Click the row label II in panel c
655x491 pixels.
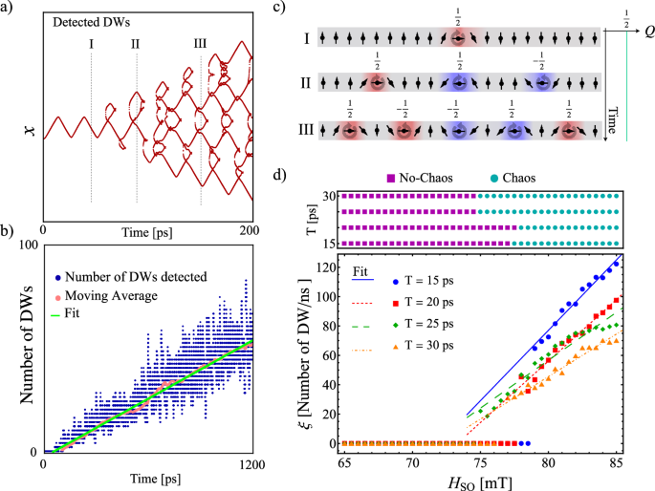click(x=306, y=83)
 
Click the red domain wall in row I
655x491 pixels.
click(x=460, y=38)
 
